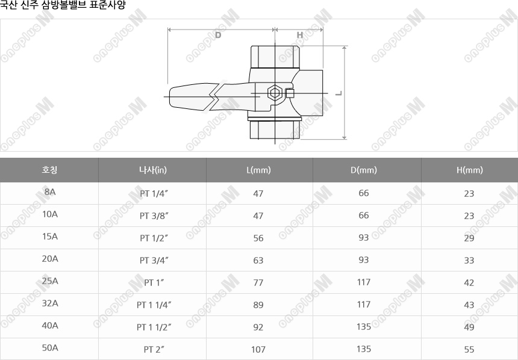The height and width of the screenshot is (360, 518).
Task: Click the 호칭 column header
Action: coord(49,170)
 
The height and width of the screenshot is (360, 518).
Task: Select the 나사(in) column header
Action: coord(153,170)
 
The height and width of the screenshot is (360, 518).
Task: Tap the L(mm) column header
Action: coord(258,170)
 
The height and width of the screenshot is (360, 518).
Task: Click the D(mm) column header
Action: coord(364,170)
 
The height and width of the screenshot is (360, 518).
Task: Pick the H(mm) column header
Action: coord(469,170)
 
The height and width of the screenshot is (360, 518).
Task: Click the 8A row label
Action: coord(50,192)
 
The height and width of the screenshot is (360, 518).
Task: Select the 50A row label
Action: coord(50,348)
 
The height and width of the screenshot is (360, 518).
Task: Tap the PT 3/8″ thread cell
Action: coord(154,216)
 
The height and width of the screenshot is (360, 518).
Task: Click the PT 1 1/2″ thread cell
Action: coord(154,327)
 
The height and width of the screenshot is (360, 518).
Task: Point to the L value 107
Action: coord(258,349)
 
